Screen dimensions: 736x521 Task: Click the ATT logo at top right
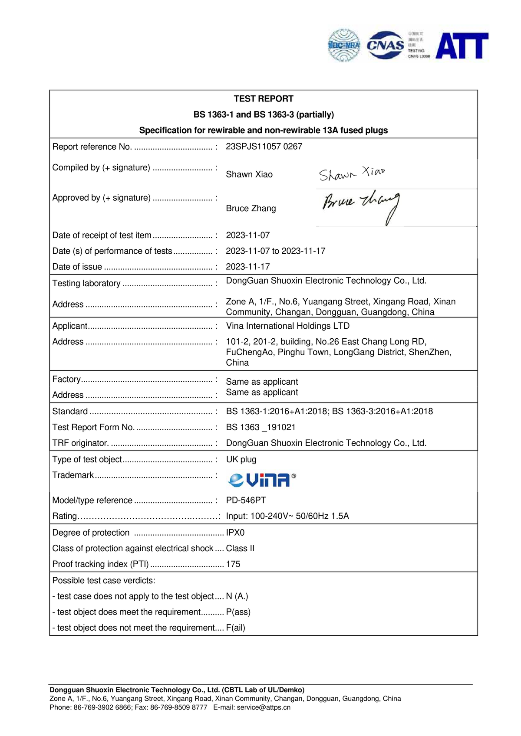[462, 46]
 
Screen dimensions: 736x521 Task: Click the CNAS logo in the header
[385, 45]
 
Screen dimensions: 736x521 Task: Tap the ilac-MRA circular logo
[344, 45]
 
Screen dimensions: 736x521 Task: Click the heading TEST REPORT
[264, 99]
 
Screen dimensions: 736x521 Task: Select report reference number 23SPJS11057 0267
[264, 147]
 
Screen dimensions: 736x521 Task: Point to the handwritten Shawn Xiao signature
[352, 173]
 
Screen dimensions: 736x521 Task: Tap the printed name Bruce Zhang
[251, 209]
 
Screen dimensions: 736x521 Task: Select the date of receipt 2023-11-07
[248, 236]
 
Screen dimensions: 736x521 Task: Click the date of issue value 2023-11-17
[248, 267]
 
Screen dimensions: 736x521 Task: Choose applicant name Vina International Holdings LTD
[287, 326]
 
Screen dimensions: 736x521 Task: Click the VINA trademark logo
[262, 480]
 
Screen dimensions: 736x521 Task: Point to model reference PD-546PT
[246, 500]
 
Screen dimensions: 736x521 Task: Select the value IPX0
[235, 533]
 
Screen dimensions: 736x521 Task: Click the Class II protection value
[240, 549]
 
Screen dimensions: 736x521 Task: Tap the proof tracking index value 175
[233, 564]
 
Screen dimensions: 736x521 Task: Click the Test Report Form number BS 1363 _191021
[260, 428]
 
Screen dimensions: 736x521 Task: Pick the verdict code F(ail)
[236, 628]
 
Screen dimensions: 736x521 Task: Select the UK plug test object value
[241, 460]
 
